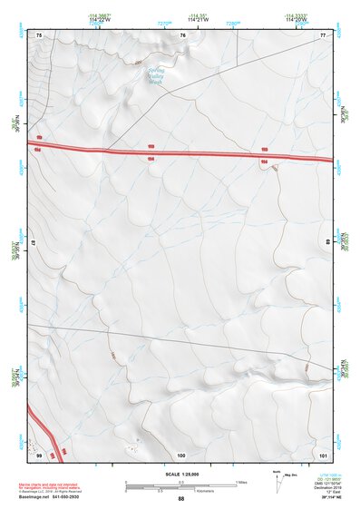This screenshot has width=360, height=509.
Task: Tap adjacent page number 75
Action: pyautogui.click(x=39, y=34)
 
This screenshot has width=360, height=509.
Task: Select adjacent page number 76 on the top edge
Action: pyautogui.click(x=182, y=34)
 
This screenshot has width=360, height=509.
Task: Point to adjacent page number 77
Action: pyautogui.click(x=323, y=34)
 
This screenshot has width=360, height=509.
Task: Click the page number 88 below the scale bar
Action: pyautogui.click(x=180, y=499)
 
